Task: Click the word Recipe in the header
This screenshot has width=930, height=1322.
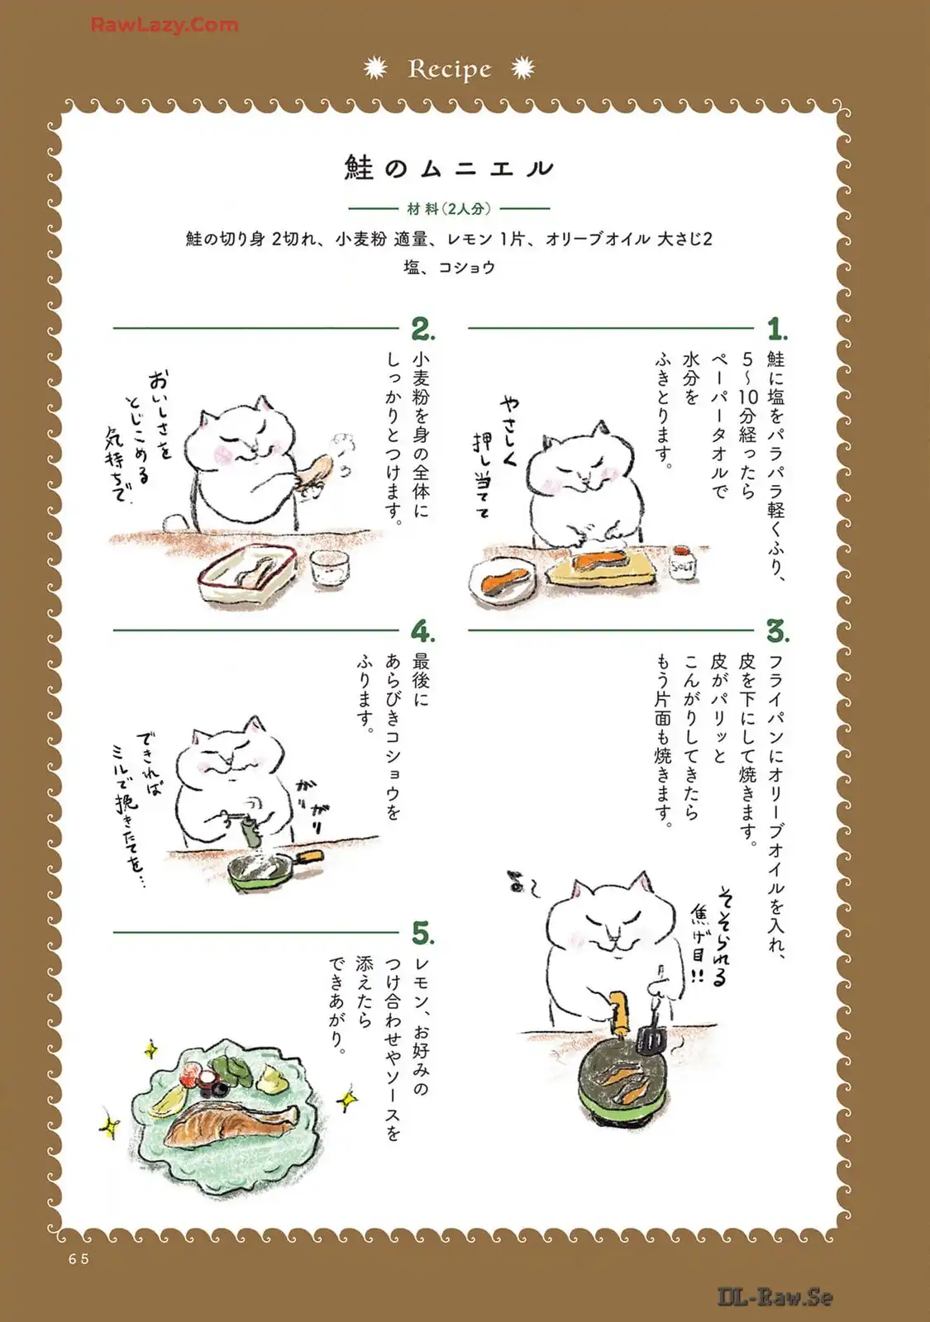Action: coord(450,69)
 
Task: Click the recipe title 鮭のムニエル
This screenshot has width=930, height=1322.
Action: coord(450,169)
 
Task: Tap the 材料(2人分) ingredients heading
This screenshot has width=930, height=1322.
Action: coord(450,208)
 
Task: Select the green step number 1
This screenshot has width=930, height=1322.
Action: coord(777,329)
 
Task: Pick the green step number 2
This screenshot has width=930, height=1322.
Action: coord(422,329)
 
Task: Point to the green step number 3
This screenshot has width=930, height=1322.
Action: coord(778,631)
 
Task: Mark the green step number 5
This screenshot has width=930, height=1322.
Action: coord(422,933)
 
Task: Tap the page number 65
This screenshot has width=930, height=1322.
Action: coord(79,1259)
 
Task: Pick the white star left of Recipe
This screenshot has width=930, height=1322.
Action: coord(375,69)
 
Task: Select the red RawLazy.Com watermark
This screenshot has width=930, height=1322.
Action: coord(165,25)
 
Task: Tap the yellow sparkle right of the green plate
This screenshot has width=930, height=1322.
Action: coord(347,1098)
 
